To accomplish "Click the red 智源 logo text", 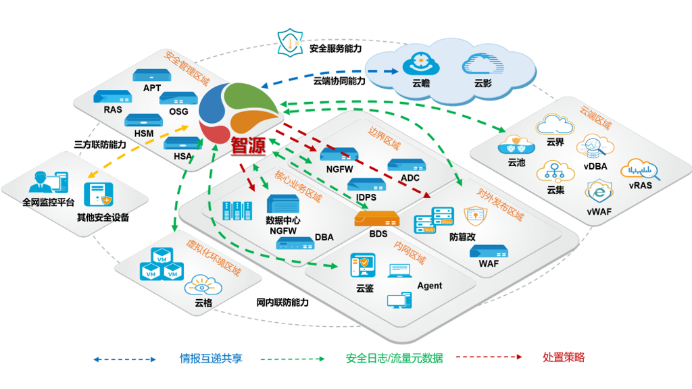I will [x=248, y=147].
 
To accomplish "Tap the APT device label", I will [x=152, y=88].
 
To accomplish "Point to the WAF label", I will [x=489, y=263].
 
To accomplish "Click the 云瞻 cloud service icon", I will [x=421, y=66].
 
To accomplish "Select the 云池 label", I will [x=516, y=163].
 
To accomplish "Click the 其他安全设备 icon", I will [x=97, y=194].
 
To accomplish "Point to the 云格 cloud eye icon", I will [x=203, y=285].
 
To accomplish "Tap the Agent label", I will [x=429, y=286].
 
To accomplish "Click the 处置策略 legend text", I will [x=564, y=357].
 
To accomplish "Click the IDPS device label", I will [x=366, y=197].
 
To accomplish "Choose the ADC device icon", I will [x=406, y=164].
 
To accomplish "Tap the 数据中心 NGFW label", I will [x=284, y=226].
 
